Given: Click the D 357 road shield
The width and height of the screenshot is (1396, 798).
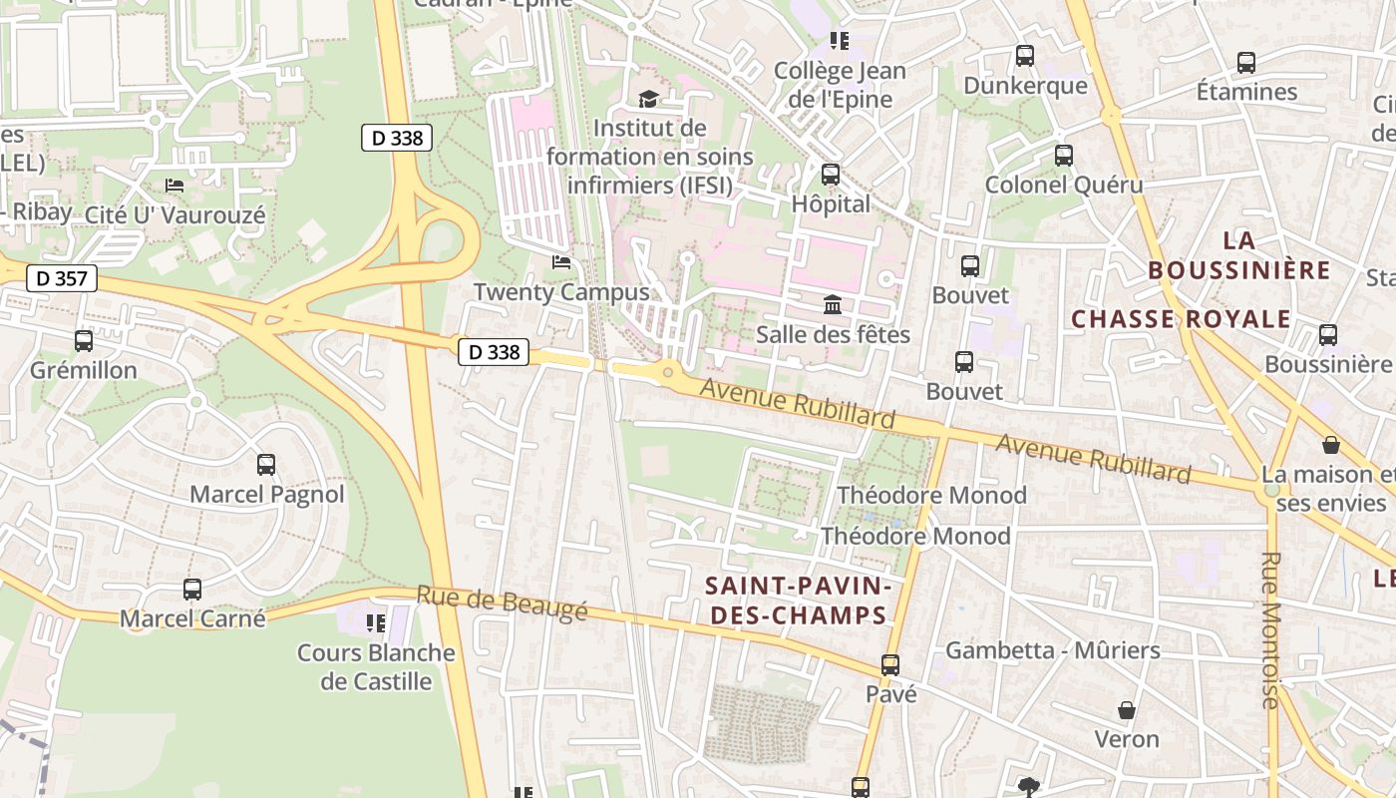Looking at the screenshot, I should tap(61, 278).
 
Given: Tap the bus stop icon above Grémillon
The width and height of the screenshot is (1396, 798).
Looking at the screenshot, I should tap(84, 341).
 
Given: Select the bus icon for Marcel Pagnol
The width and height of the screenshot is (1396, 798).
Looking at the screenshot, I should tap(266, 465).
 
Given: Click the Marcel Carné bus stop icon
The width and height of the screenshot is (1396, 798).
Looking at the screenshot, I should tap(192, 590).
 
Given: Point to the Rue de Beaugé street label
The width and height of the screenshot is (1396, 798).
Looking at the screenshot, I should tap(502, 603).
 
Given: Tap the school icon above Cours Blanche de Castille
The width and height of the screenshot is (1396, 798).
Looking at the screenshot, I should tap(376, 623).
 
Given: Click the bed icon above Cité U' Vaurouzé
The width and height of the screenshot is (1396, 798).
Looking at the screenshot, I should tap(174, 186).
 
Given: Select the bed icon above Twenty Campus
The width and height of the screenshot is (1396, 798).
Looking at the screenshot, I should tap(561, 263).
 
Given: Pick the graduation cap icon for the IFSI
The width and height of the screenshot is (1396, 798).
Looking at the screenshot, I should tap(649, 98).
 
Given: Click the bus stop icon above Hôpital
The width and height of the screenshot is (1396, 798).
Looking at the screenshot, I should tap(831, 175).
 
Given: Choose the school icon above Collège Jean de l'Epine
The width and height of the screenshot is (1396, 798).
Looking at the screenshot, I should tap(840, 41).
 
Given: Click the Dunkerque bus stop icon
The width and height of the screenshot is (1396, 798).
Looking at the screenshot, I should tap(1024, 56).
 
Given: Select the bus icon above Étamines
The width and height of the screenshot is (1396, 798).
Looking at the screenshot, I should tap(1246, 63).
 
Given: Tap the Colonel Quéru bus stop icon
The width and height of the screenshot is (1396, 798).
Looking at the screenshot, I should tap(1064, 156).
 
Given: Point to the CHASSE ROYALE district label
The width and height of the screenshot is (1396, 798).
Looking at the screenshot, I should tap(1181, 319).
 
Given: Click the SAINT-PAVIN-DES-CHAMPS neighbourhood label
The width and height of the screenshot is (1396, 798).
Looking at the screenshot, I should tap(796, 599).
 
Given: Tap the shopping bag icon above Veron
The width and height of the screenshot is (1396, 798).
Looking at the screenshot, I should tap(1127, 710).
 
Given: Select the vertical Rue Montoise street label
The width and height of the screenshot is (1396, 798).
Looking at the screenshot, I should tap(1270, 630).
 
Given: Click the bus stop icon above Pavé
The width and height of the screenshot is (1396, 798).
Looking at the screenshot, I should tap(890, 664).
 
